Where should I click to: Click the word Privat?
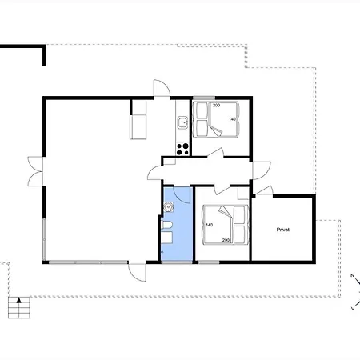[x=283, y=230]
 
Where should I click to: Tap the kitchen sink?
[x=183, y=122]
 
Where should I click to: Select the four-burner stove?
[x=182, y=149]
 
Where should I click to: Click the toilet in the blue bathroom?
[x=166, y=225]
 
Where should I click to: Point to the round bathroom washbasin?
[x=169, y=206]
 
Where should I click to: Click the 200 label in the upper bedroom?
[x=216, y=106]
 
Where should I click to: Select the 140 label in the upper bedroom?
[x=232, y=119]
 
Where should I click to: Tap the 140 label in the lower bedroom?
[x=210, y=225]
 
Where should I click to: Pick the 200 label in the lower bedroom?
[x=226, y=240]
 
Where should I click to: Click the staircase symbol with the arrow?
[x=19, y=307]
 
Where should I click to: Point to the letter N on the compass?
[x=352, y=275]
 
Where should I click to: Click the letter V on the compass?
[x=353, y=309]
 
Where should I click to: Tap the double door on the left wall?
[x=35, y=171]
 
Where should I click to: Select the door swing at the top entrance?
[x=162, y=88]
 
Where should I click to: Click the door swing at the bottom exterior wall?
[x=137, y=272]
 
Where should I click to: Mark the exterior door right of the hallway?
[x=262, y=170]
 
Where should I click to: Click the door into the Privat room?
[x=263, y=190]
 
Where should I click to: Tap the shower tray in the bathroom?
[x=167, y=238]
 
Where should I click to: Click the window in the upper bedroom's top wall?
[x=204, y=98]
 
